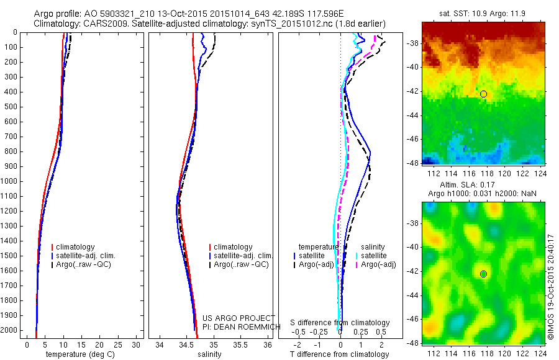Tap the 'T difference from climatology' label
click(340, 354)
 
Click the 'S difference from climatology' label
click(340, 323)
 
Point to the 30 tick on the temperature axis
click(136, 344)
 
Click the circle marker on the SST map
click(483, 94)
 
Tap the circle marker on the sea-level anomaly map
click(483, 274)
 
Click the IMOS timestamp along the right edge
click(551, 274)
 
